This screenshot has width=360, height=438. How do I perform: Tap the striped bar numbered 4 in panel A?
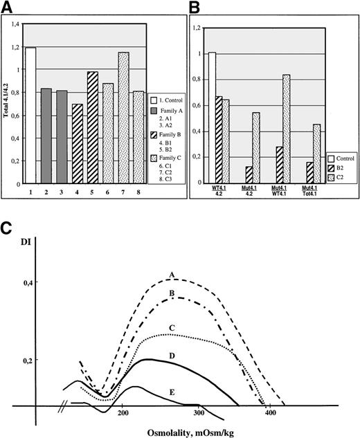pos(76,142)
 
